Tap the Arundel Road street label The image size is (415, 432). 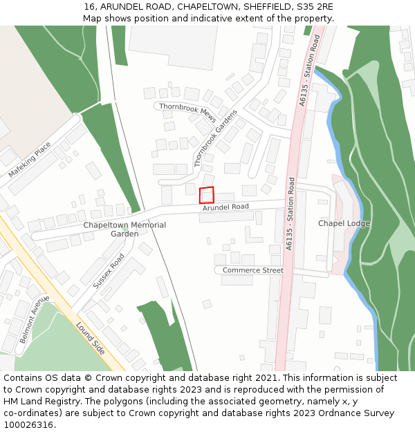[225, 207]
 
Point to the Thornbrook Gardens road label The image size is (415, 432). [216, 138]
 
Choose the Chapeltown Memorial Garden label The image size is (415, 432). [124, 229]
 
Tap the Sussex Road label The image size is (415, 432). [109, 270]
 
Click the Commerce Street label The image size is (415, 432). [252, 270]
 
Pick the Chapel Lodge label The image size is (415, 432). [344, 223]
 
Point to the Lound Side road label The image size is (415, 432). [90, 339]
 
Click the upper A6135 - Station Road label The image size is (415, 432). [309, 71]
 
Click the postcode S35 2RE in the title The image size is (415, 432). [317, 6]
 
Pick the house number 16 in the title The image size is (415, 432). [89, 6]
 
